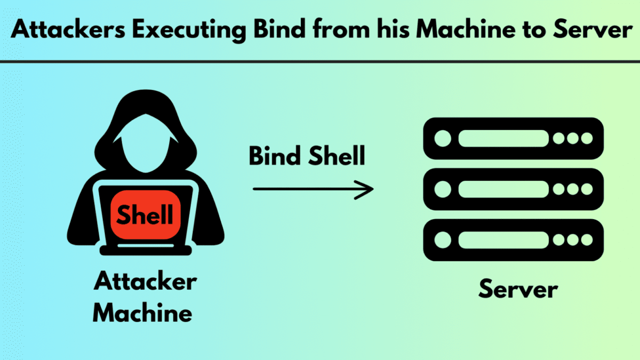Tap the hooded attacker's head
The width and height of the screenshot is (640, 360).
point(145,133)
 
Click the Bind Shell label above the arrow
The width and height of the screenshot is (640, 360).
point(307,156)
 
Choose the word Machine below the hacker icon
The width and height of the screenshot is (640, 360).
point(142,313)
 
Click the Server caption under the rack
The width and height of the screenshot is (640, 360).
point(518,290)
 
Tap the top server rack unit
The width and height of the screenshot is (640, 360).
point(513,139)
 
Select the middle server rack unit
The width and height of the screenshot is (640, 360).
point(513,189)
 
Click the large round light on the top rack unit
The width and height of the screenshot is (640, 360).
point(442,139)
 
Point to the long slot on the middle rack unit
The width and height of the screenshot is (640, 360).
point(503,189)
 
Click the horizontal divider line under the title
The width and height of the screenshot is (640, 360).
point(320,61)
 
